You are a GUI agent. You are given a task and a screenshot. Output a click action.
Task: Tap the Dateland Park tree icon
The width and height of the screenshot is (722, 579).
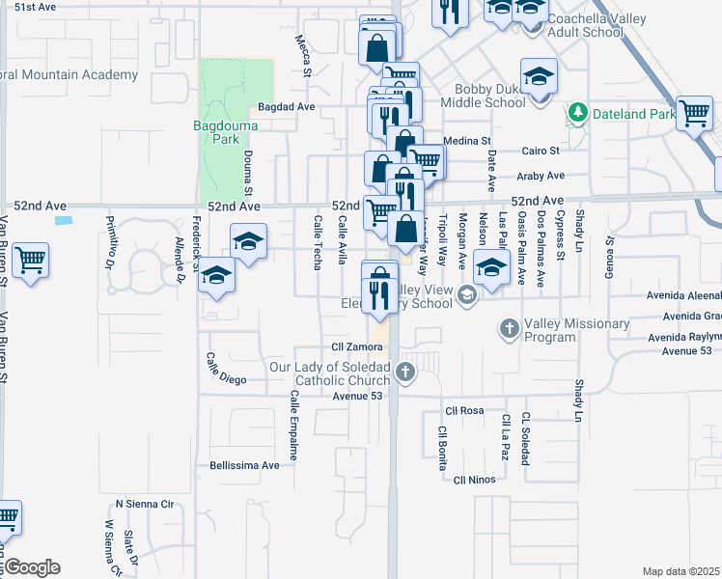577,113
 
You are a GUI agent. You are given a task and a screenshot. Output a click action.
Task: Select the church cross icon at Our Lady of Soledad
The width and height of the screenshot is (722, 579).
405,372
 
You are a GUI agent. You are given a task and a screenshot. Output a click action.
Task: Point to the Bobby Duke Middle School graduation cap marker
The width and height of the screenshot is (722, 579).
539,76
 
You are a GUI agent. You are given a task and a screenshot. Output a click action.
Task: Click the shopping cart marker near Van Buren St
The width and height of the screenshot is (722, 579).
30,261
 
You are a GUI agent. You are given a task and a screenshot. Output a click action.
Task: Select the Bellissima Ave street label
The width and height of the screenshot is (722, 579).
244,465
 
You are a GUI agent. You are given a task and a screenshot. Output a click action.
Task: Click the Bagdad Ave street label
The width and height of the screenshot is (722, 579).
287,107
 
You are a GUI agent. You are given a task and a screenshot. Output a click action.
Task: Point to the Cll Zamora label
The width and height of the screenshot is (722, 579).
350,345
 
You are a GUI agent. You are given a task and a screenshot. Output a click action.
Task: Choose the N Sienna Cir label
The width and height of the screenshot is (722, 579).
144,504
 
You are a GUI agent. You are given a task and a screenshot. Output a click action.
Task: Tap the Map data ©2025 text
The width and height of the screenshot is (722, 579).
680,571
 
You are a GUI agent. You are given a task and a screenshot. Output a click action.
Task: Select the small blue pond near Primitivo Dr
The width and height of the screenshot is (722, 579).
64,220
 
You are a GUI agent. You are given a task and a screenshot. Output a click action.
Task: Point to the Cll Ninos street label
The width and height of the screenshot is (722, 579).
475,480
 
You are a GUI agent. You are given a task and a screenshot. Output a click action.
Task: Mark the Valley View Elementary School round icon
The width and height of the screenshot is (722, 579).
467,294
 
